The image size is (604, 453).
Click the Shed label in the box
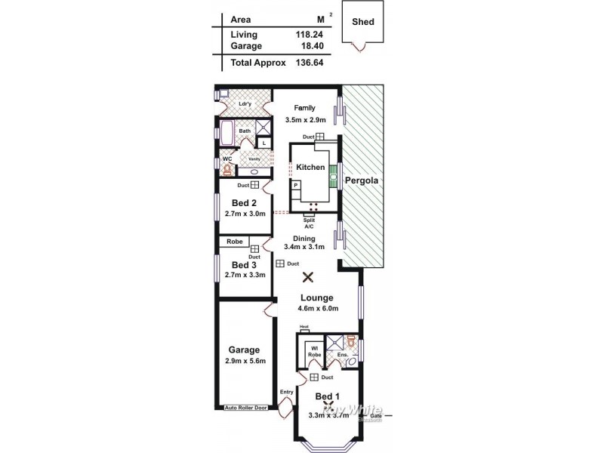pyautogui.click(x=362, y=22)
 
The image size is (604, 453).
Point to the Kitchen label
pyautogui.click(x=310, y=167)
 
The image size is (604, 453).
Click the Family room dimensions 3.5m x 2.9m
pyautogui.click(x=305, y=120)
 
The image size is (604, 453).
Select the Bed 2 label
pyautogui.click(x=244, y=202)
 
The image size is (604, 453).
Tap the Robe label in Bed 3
pyautogui.click(x=234, y=242)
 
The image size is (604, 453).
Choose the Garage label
pyautogui.click(x=244, y=350)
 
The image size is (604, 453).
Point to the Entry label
pyautogui.click(x=286, y=391)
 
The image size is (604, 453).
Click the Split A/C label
pyautogui.click(x=309, y=223)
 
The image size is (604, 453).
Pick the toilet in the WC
pyautogui.click(x=226, y=170)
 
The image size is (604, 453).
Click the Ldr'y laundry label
pyautogui.click(x=245, y=104)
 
